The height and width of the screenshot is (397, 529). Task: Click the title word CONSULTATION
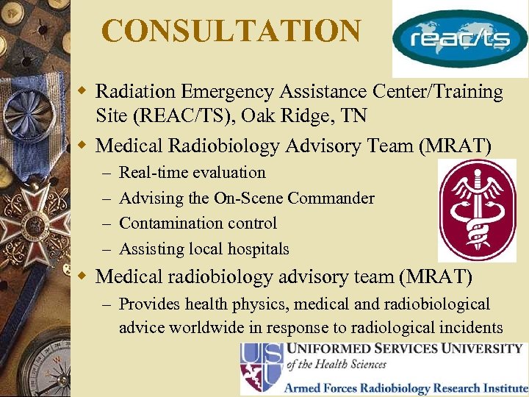tap(231, 32)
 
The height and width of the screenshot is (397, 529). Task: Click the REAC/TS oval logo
tap(460, 39)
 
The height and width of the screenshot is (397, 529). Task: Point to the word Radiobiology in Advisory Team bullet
tap(224, 146)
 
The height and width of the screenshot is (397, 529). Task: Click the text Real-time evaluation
tap(192, 173)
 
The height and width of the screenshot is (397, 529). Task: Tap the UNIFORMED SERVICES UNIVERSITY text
tap(404, 348)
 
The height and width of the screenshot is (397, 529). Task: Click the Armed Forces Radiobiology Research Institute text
tap(406, 386)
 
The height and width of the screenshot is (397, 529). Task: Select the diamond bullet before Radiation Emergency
tap(84, 92)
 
